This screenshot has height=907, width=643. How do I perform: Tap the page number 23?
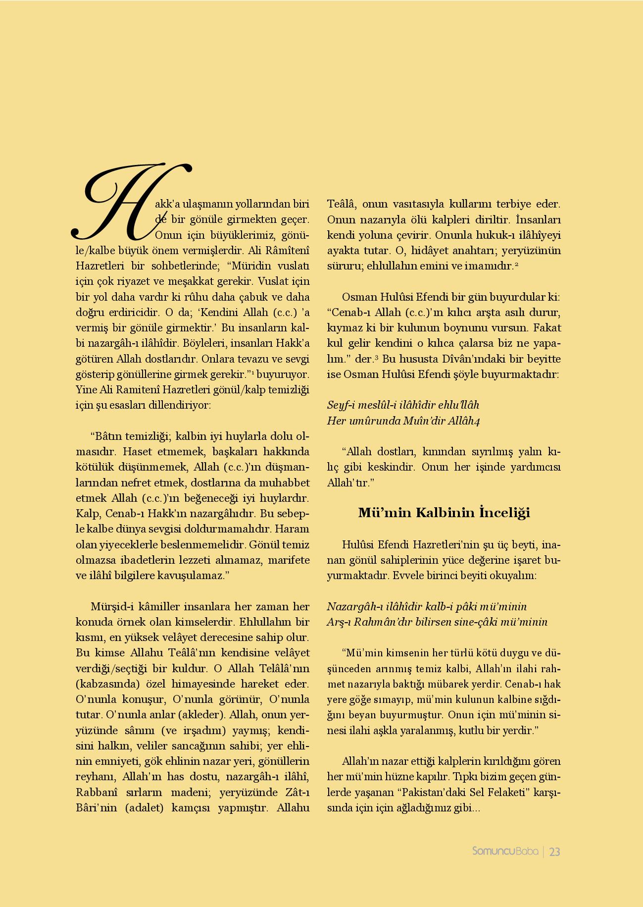(x=554, y=865)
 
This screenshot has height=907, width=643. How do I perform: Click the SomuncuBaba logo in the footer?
(x=505, y=865)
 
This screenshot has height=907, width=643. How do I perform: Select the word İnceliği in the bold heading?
(x=504, y=513)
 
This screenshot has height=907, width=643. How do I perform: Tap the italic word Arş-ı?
(x=338, y=622)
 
